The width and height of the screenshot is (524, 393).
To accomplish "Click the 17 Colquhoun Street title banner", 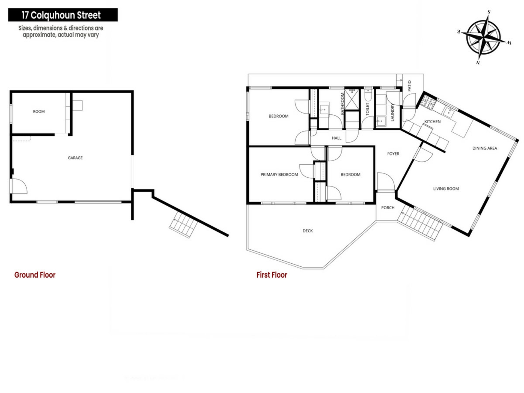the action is pos(63,15).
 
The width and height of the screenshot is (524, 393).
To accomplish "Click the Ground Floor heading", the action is pos(35,275).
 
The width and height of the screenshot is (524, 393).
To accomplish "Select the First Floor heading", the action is pos(272,275).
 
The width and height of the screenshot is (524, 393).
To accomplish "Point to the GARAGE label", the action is pos(75,158).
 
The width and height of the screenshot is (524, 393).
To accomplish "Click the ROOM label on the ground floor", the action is pos(39,111).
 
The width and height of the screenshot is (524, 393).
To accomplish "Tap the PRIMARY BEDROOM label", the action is pos(279,174).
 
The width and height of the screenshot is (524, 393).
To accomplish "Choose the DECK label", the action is pos(308,231).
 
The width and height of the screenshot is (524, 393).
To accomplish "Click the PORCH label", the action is pos(388,208).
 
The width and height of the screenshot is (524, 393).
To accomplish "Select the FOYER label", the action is pos(393,154).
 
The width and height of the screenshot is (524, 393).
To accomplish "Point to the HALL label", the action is pos(337,138).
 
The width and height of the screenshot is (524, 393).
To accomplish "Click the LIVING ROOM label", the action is pos(446,189).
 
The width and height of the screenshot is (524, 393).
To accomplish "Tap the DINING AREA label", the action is pos(485,148).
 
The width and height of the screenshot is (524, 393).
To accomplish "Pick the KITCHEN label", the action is pos(432,122).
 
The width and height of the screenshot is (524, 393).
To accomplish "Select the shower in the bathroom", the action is pos(352,99).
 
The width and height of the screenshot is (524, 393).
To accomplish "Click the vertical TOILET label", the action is pos(367,109).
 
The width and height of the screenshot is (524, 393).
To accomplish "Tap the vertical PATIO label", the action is pos(409,86).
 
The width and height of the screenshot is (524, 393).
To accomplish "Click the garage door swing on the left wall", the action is pos(19,186).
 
